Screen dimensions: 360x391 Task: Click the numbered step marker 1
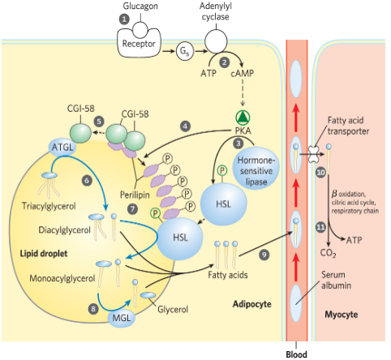[124, 18]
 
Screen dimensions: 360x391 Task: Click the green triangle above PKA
[243, 115]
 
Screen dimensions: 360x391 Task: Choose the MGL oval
[120, 316]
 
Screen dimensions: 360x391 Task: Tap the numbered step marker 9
[264, 255]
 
